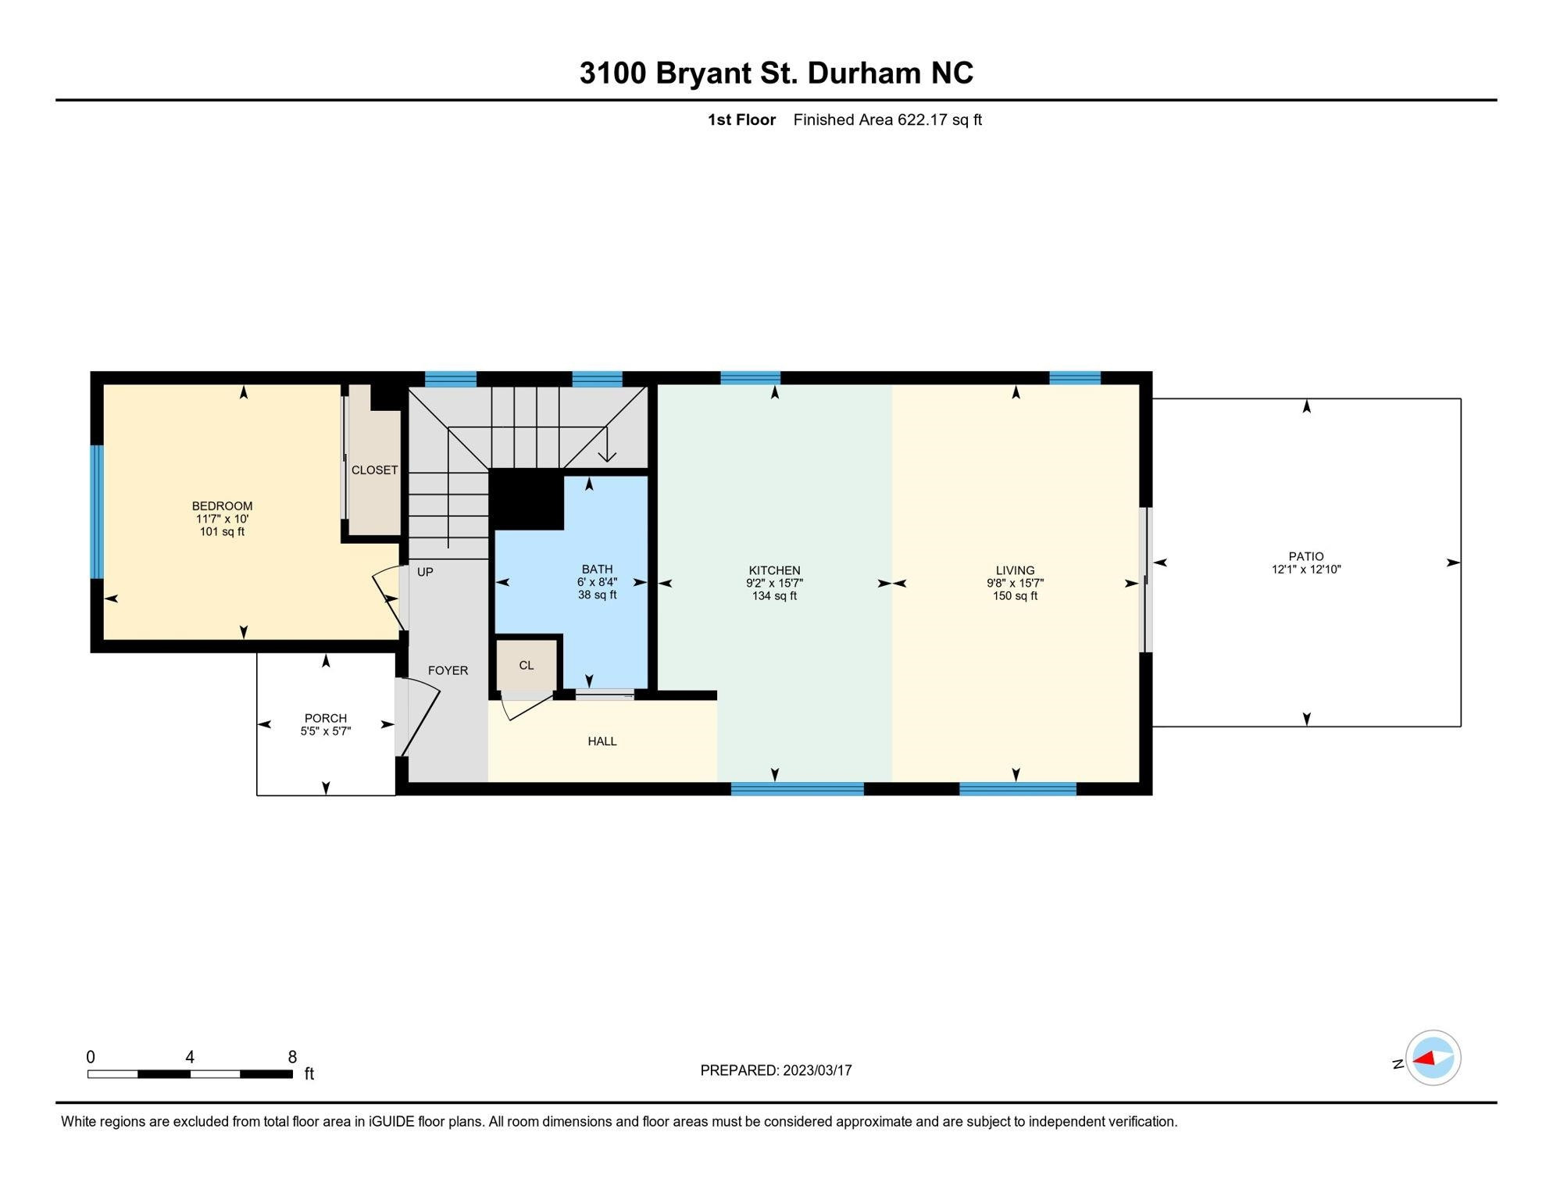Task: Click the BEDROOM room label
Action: [x=222, y=505]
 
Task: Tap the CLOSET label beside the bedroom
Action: [x=374, y=470]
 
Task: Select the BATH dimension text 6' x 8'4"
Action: [x=597, y=582]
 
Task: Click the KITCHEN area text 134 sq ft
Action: [x=774, y=596]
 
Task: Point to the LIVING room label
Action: [x=1015, y=570]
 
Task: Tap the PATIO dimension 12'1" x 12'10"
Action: [x=1306, y=570]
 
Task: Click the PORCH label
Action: [x=326, y=718]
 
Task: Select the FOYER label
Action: [x=448, y=670]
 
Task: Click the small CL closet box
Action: [x=527, y=665]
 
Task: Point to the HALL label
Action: [x=602, y=741]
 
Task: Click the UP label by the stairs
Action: [x=425, y=572]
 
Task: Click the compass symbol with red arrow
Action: [x=1433, y=1058]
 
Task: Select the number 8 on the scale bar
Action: [x=292, y=1057]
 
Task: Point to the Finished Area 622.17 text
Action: [x=887, y=120]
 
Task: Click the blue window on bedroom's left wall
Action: [x=97, y=512]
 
